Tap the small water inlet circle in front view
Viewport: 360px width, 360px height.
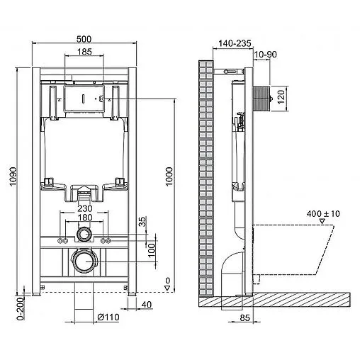(84, 235)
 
